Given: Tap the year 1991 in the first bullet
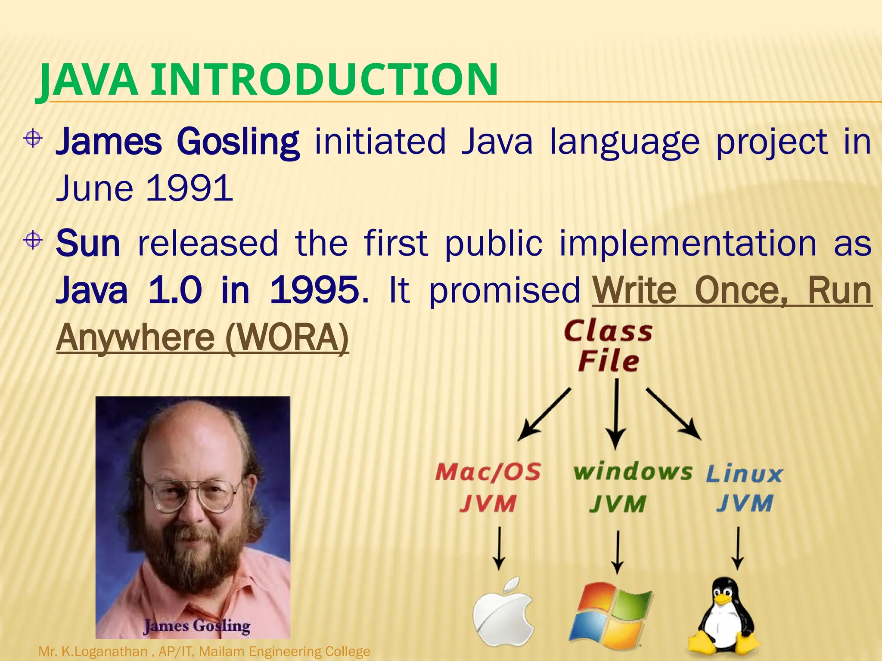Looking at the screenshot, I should [189, 188].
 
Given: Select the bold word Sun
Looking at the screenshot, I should [88, 244].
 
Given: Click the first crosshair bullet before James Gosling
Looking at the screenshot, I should [33, 139].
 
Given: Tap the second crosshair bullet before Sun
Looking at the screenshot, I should [33, 240].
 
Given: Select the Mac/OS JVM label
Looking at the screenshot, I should [488, 488].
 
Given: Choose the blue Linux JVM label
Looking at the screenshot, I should [745, 488].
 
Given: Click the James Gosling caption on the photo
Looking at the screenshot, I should [197, 626].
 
